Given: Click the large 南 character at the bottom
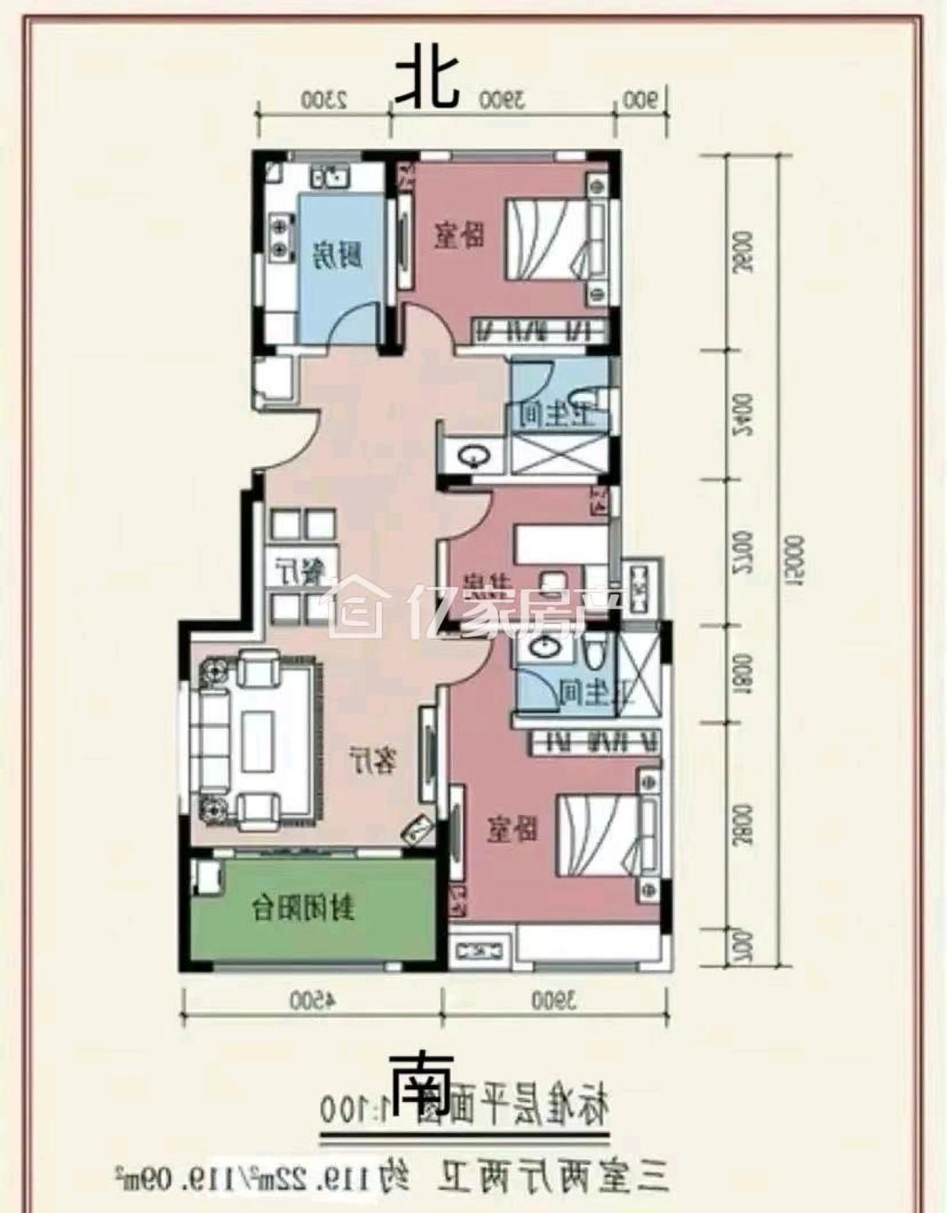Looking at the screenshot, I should [421, 1089].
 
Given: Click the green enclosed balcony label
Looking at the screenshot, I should [305, 909].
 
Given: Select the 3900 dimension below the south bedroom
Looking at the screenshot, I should [556, 1001].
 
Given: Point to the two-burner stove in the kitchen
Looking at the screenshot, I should [277, 237].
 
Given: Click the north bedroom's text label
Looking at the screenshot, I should [460, 235].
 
